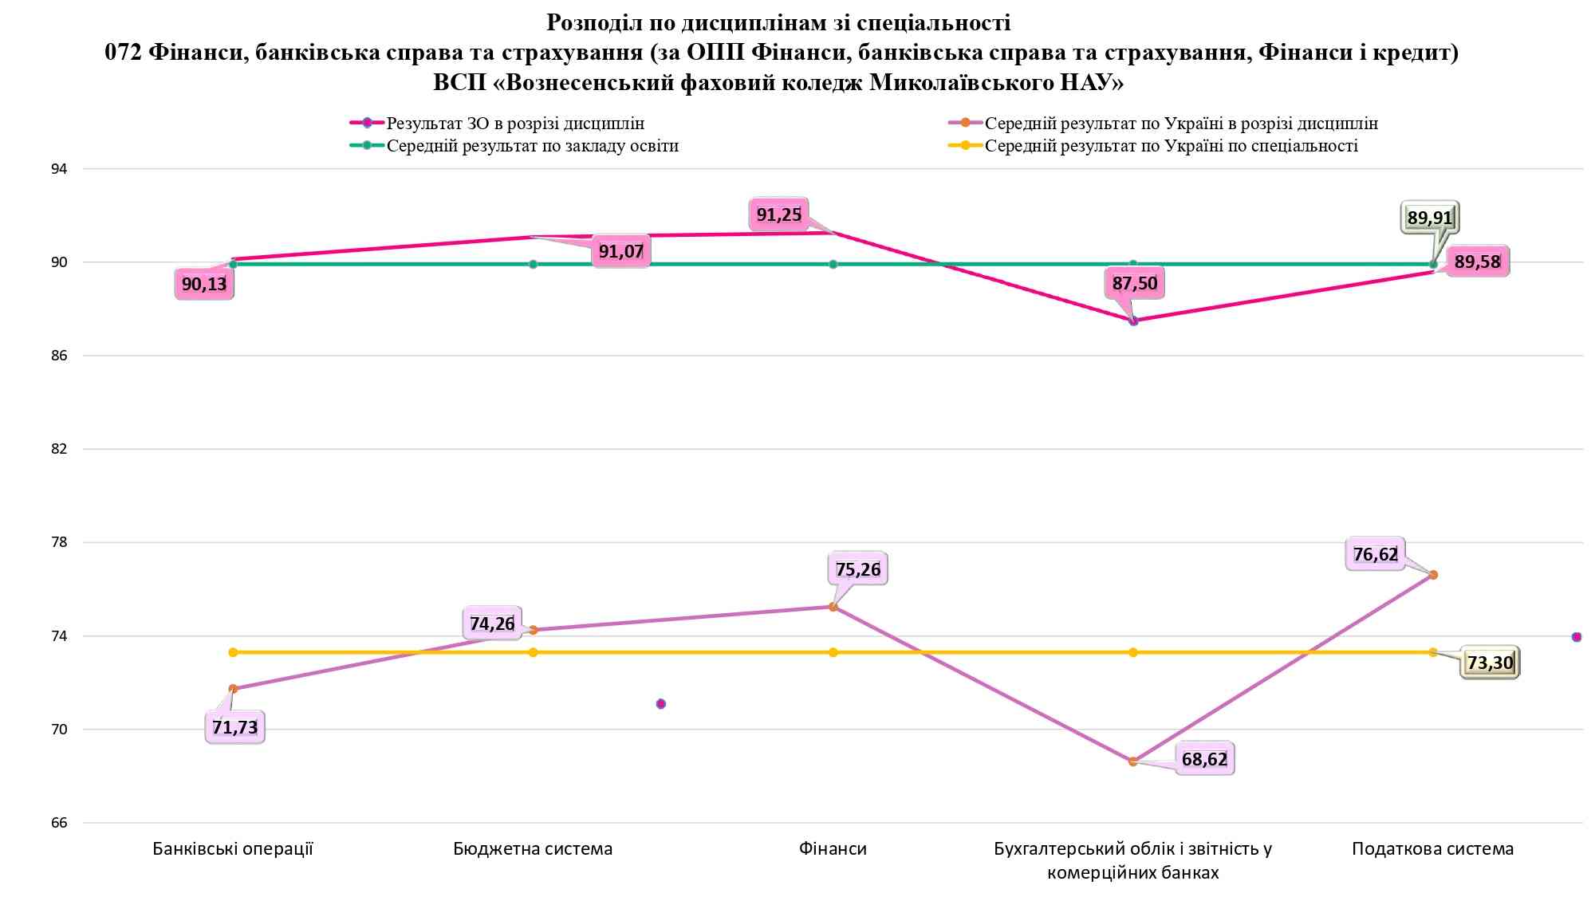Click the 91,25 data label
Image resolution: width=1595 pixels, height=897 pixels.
778,214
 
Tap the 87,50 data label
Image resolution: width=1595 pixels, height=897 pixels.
1134,284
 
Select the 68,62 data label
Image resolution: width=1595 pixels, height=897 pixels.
1204,759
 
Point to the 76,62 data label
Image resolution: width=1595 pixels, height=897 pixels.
1376,554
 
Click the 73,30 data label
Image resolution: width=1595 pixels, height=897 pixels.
1490,663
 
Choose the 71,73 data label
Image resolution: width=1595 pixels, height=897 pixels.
234,727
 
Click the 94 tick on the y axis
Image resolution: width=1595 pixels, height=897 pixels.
59,169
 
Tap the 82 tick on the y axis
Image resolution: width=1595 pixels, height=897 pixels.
59,449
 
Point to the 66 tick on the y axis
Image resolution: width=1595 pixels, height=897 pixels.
59,823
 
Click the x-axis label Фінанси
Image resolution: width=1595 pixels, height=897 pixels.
833,848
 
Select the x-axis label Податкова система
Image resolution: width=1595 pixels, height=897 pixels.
1432,848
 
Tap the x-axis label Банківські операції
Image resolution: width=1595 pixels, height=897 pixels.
233,848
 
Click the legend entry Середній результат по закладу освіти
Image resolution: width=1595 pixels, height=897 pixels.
532,146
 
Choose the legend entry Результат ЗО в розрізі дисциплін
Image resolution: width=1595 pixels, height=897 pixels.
515,124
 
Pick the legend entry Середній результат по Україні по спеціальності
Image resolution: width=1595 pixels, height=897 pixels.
1171,146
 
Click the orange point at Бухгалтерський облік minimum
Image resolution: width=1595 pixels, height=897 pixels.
1132,761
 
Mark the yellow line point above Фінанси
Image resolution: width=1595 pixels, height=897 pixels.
833,652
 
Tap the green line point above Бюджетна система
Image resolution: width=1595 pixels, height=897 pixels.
533,264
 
